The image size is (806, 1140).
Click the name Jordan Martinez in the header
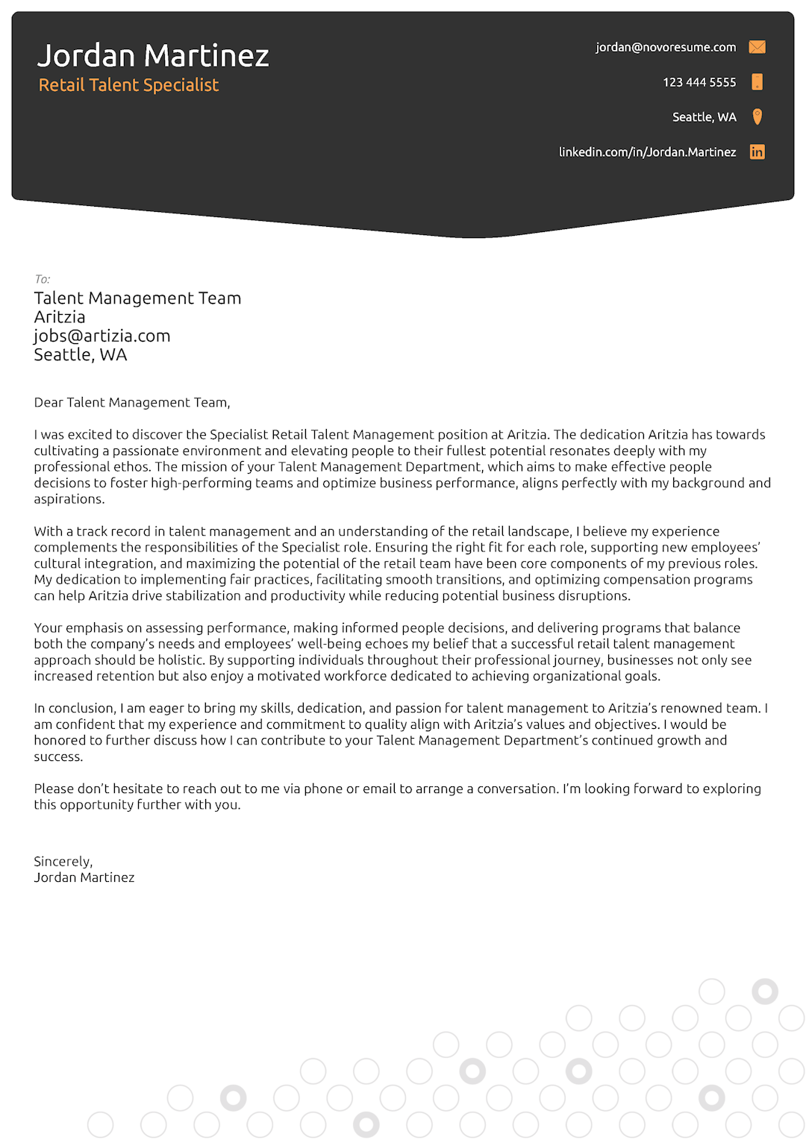(153, 56)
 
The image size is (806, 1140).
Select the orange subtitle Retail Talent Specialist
(128, 85)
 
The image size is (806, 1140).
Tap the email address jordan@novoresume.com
(665, 47)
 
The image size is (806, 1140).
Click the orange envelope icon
(757, 47)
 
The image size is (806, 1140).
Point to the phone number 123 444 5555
(699, 82)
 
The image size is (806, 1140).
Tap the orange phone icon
(757, 82)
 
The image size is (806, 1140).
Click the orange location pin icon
(757, 116)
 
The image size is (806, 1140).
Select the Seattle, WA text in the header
(704, 117)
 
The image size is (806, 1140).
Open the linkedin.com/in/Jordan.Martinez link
(647, 152)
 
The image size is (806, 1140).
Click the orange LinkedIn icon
(757, 152)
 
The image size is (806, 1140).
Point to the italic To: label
(42, 279)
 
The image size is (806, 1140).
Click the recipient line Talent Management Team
(137, 298)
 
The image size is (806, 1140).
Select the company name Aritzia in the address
(60, 317)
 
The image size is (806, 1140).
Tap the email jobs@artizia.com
(102, 336)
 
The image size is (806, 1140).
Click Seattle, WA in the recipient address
(81, 355)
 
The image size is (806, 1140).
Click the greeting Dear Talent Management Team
(131, 403)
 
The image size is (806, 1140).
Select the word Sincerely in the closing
(63, 862)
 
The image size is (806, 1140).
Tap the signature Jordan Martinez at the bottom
(84, 877)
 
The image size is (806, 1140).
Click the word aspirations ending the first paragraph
(68, 499)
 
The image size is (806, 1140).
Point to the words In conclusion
(74, 708)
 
